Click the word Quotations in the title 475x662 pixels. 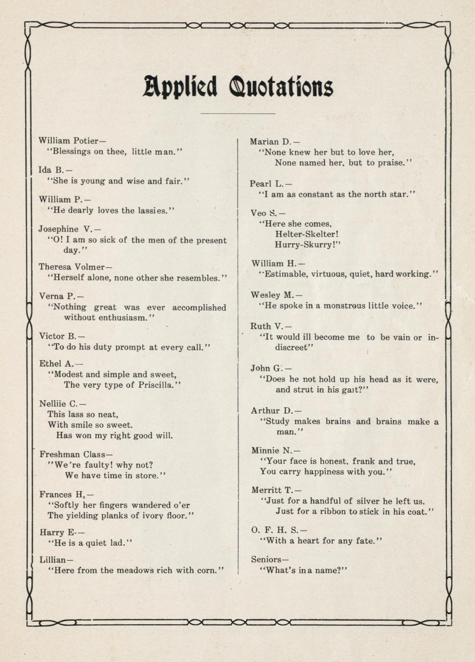(281, 87)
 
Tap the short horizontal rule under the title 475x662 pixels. (237, 114)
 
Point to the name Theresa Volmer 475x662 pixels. (72, 267)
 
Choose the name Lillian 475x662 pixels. (52, 559)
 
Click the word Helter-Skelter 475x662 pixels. (307, 234)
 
